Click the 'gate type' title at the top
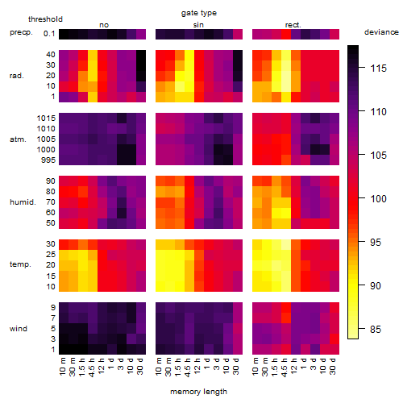pos(199,13)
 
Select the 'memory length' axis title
pos(198,392)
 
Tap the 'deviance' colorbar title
pos(381,32)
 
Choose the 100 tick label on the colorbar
pos(378,198)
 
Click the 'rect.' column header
pos(293,25)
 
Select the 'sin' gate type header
pos(198,25)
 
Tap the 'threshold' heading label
pos(45,19)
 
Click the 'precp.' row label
pos(21,32)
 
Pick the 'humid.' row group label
pos(23,202)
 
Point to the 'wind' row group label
pos(19,329)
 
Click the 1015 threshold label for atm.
pos(46,118)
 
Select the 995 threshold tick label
pos(48,160)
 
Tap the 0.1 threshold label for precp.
pos(49,34)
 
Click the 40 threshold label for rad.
pos(51,55)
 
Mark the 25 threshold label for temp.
pos(51,254)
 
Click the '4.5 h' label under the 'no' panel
pos(92,367)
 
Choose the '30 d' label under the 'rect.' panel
pos(333,367)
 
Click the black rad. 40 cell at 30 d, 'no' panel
pos(141,55)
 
